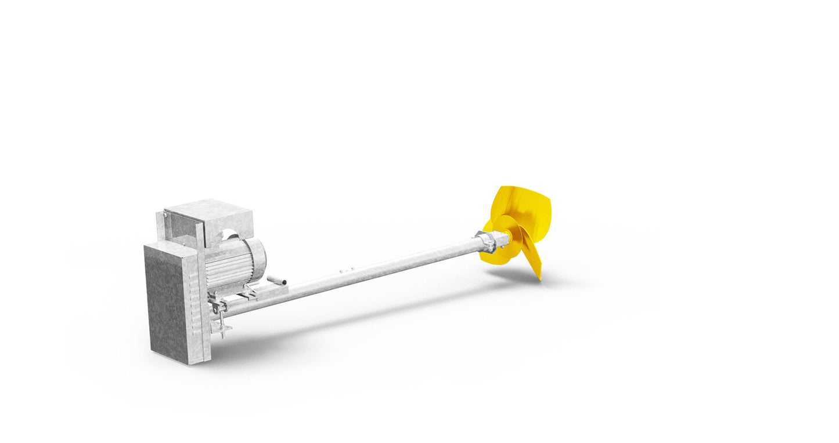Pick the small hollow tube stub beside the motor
point(277,280)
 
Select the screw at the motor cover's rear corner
point(165,215)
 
